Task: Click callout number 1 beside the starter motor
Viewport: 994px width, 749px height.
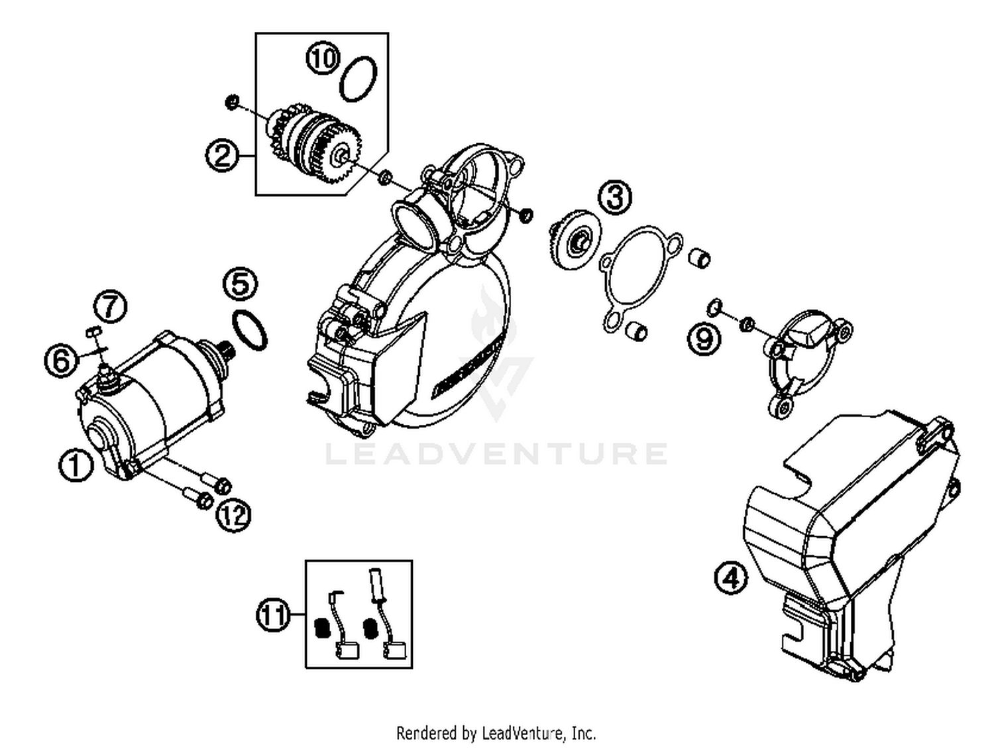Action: point(75,465)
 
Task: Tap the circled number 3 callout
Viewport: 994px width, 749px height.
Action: point(615,197)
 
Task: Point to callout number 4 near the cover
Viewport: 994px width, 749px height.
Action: point(731,578)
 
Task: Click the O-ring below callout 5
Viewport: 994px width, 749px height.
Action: point(250,329)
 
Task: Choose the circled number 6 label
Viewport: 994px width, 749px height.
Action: point(60,361)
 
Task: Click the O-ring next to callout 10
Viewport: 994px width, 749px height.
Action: point(359,79)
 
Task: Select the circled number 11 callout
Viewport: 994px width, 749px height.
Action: point(273,615)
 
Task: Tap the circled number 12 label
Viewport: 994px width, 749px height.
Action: point(233,514)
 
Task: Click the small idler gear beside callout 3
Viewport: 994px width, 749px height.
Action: point(575,239)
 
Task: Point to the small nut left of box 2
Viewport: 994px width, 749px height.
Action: point(232,102)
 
